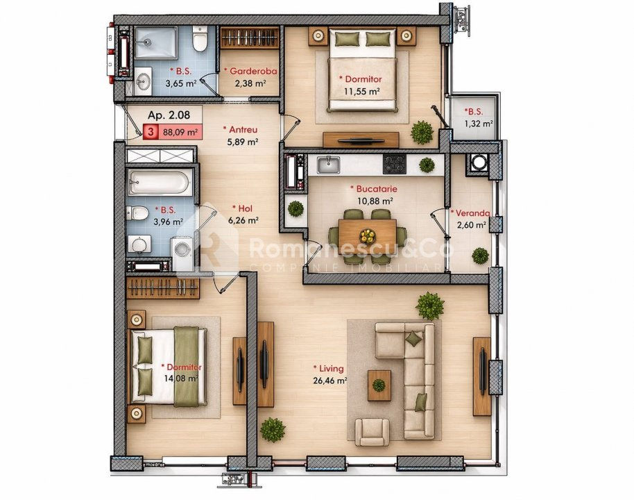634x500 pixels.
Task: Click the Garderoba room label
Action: pos(250,72)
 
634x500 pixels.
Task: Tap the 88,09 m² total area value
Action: pos(180,131)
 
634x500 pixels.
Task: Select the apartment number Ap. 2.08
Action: pos(169,115)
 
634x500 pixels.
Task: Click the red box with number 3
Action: pos(151,131)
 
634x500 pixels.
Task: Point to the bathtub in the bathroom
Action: pos(159,182)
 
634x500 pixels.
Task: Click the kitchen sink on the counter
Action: pos(328,165)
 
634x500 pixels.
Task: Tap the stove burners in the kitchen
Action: pos(394,165)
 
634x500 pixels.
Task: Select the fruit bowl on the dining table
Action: pos(368,235)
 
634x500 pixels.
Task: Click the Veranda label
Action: pos(470,213)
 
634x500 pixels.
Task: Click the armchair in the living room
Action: pos(372,432)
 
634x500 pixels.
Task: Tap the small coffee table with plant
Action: pos(379,385)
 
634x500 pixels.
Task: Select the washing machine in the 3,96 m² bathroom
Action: pos(182,254)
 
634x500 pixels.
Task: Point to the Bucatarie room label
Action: pos(374,189)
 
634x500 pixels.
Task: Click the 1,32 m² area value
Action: pos(479,124)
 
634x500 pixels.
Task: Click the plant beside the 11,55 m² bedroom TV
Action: pos(422,133)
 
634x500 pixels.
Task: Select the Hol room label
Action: pos(242,208)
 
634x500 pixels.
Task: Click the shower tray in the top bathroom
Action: pos(155,42)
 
